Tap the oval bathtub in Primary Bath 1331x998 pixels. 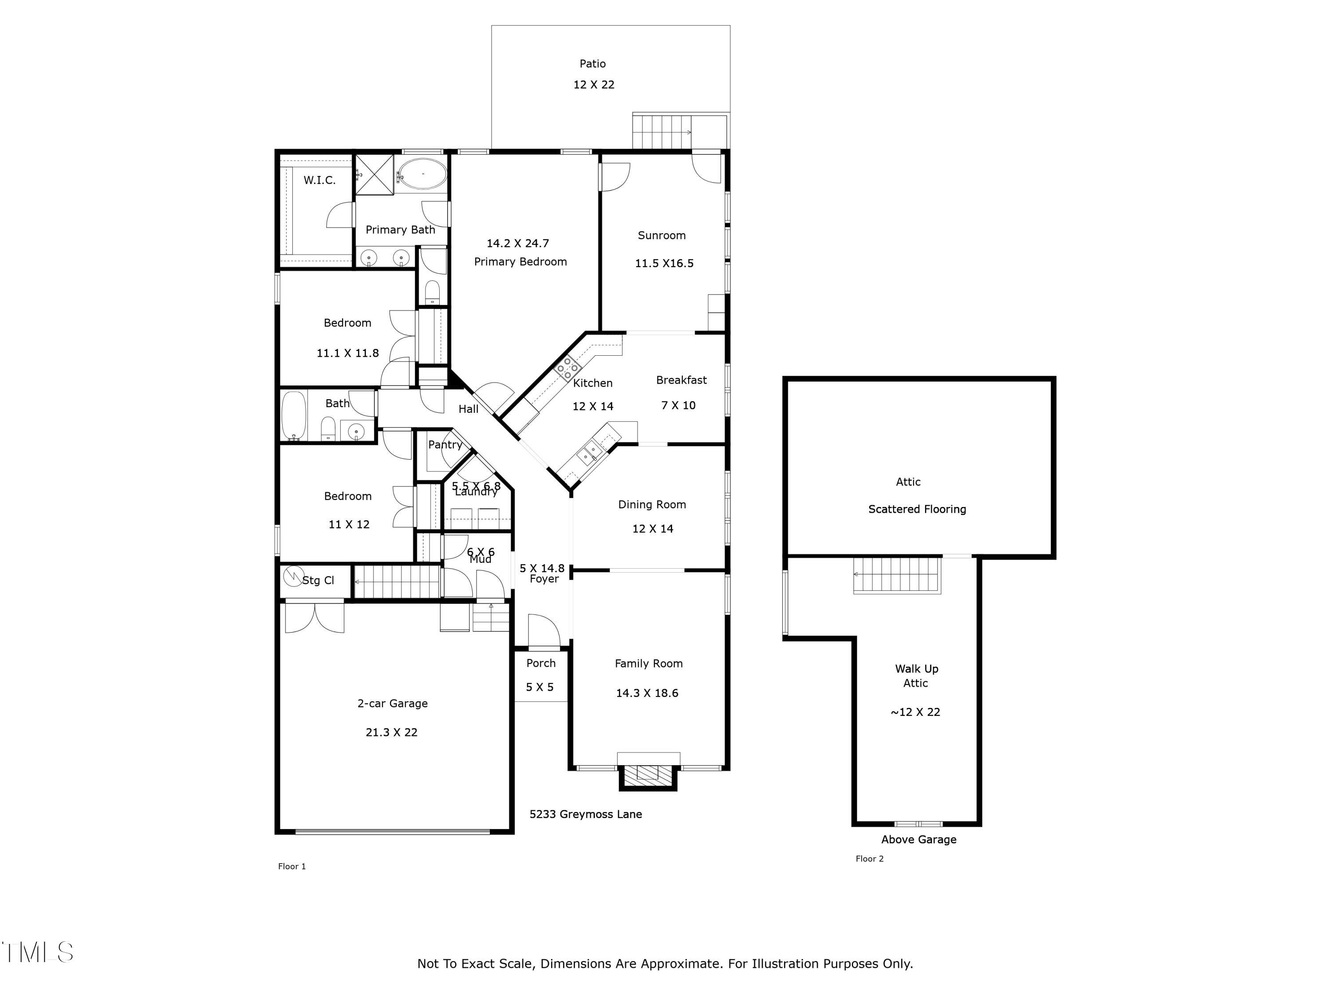coord(423,174)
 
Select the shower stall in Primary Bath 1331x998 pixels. coord(374,175)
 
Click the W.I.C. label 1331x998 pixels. coord(319,181)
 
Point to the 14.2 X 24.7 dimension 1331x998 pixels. coord(517,244)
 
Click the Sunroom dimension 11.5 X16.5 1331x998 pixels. coord(664,263)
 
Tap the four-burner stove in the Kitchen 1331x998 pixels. coord(567,367)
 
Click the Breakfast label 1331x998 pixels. coord(681,380)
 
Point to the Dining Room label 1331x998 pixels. coord(652,505)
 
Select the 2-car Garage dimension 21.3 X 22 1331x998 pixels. coord(391,732)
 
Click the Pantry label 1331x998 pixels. coord(445,444)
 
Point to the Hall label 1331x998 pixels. coord(468,409)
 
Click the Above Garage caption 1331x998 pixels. coord(918,839)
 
